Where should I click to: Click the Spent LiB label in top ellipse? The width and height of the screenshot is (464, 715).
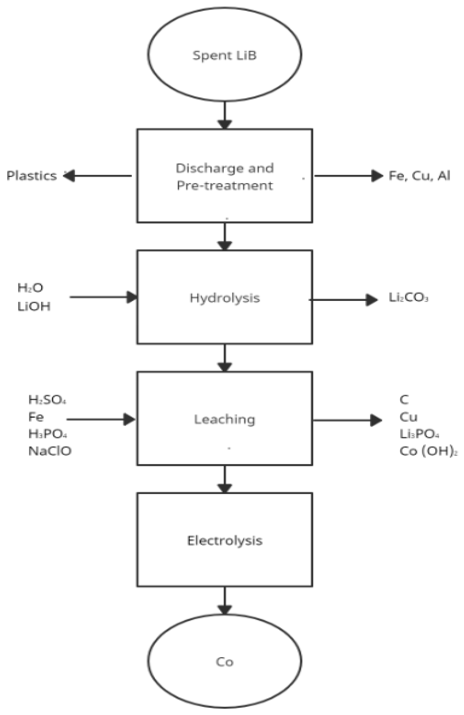click(x=224, y=56)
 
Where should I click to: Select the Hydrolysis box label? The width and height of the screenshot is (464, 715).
click(x=225, y=298)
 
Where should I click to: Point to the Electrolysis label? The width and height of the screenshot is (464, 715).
click(x=225, y=541)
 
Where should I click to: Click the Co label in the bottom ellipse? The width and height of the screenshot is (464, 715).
click(x=224, y=662)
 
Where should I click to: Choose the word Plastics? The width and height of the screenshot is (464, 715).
click(x=31, y=176)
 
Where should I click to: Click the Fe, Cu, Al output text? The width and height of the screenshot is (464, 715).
click(x=419, y=176)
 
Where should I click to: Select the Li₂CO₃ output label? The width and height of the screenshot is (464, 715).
click(x=408, y=298)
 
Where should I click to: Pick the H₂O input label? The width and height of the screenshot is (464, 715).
click(x=30, y=288)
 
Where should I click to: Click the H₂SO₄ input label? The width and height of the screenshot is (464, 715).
click(x=47, y=400)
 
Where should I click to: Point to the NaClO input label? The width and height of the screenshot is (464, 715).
click(x=50, y=451)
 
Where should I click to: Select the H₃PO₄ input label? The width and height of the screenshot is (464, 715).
click(x=48, y=434)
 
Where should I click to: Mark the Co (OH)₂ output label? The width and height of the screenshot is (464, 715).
click(x=428, y=451)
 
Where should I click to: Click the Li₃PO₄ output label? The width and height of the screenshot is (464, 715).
click(x=419, y=434)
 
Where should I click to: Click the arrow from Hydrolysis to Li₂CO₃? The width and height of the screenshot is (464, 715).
click(x=342, y=300)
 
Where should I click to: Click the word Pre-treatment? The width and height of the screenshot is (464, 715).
click(x=225, y=185)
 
